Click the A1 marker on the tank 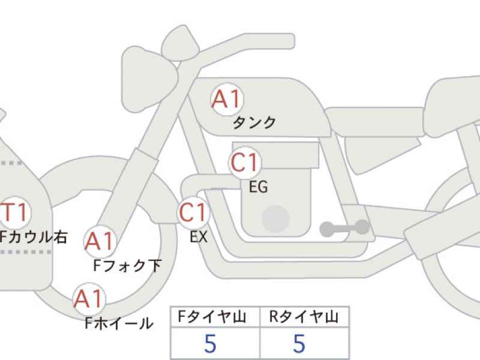[x=227, y=99]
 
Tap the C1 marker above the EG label [x=245, y=162]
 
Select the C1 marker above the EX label [x=193, y=212]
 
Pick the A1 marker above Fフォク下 [x=100, y=241]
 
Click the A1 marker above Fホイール [x=89, y=298]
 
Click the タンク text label [x=254, y=123]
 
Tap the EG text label [x=259, y=187]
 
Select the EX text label [x=199, y=236]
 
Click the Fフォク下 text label [x=127, y=266]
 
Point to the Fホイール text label [x=119, y=323]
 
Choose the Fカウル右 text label [x=33, y=237]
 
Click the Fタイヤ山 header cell [x=215, y=317]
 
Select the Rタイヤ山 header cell [x=304, y=317]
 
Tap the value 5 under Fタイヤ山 [x=211, y=343]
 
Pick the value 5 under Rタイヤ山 [x=299, y=343]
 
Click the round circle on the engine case [x=276, y=219]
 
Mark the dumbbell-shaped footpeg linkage [x=344, y=228]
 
